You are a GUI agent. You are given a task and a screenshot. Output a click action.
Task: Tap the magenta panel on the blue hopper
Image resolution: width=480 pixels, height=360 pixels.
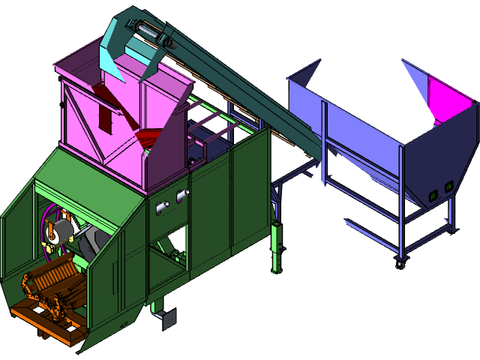451,97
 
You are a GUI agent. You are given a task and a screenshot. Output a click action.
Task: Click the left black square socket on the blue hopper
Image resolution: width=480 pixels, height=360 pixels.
433,196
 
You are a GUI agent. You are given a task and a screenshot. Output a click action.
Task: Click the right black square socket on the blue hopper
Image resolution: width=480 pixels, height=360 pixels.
448,187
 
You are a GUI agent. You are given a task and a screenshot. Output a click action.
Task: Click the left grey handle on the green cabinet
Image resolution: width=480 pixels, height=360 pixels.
159,204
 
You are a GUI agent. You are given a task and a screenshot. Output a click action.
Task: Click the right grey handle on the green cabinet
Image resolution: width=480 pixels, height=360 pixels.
181,196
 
